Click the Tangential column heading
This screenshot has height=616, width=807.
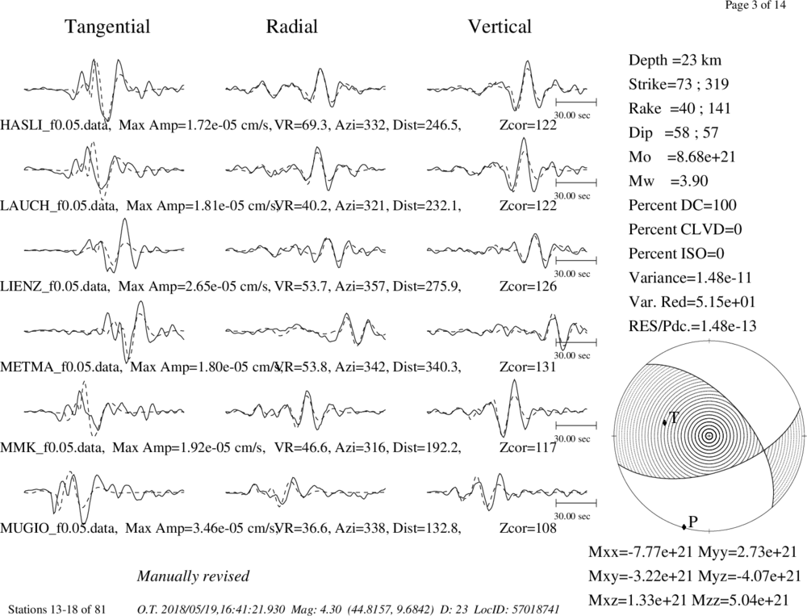107,27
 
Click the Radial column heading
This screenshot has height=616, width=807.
292,27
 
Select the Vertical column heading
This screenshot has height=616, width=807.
500,27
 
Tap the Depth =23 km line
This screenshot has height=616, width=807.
675,61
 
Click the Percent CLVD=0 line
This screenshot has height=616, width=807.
685,229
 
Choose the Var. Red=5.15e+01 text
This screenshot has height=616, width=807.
692,302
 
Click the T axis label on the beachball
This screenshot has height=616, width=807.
674,417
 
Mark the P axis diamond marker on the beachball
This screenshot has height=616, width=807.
684,526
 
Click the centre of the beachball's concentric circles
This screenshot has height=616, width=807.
709,436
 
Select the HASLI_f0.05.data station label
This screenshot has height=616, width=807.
56,125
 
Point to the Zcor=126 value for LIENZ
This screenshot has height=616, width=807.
528,287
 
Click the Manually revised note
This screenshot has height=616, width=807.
193,576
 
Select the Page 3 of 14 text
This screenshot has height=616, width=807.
755,6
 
